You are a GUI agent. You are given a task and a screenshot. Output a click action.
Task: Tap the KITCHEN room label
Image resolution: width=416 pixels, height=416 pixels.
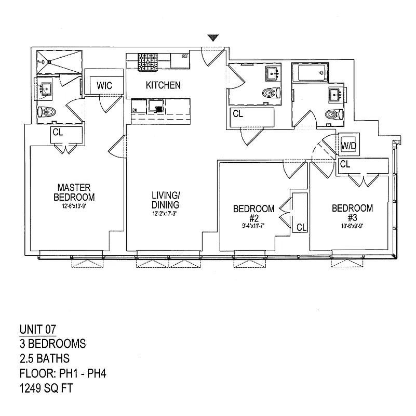point(163,85)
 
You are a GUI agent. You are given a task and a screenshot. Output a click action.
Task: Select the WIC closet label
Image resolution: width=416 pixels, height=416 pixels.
point(101,85)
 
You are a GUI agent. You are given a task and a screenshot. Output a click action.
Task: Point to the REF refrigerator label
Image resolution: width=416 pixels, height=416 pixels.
point(184,56)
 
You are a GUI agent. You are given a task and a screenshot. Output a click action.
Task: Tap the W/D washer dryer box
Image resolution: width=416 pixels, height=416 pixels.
point(347,146)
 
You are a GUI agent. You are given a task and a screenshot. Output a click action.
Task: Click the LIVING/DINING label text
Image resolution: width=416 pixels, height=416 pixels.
point(166,200)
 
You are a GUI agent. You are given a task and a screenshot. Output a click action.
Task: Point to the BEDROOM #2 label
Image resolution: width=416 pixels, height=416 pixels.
point(253,213)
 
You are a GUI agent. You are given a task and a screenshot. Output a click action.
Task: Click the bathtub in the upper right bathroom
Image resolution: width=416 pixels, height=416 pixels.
point(310,72)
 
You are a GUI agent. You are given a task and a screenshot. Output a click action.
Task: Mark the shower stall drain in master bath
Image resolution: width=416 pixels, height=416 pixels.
point(49,61)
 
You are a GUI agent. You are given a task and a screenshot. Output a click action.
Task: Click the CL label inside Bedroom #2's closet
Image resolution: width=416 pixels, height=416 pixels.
point(301,227)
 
